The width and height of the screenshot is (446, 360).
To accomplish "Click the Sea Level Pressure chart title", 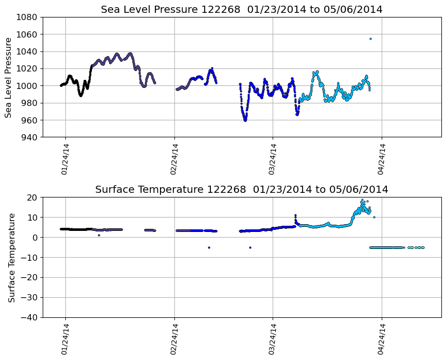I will (242, 10).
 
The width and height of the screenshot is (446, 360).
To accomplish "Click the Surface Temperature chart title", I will (242, 190).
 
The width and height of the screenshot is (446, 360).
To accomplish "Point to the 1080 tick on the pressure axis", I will (28, 17).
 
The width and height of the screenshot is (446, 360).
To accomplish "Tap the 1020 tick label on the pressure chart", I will (28, 68).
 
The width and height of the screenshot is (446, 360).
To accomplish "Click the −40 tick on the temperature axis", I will (30, 317).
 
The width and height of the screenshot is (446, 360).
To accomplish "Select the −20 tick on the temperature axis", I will (30, 277).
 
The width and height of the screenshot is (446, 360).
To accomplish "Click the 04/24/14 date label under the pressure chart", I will (382, 159).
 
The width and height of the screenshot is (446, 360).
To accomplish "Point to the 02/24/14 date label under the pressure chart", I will (174, 159).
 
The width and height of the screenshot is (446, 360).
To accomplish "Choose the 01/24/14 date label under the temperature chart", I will (65, 339).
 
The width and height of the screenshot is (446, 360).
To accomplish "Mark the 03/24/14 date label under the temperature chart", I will (273, 339).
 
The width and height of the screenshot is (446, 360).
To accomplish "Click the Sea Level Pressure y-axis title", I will (9, 77).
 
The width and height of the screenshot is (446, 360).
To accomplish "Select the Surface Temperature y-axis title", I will (11, 257).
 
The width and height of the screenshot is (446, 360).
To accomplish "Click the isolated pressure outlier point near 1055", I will (370, 39).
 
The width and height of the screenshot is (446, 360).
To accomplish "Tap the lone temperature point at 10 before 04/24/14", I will (374, 217).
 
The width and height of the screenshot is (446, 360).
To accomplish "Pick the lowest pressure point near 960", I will (245, 120).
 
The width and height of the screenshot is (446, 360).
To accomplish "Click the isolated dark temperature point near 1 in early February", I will (99, 235).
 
